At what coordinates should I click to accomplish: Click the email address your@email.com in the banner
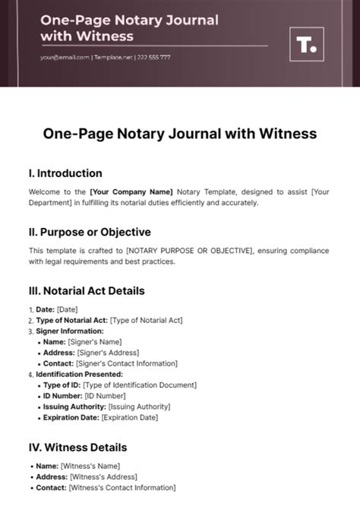point(66,58)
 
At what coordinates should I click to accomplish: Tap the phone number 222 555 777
point(154,58)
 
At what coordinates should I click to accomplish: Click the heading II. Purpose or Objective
point(90,232)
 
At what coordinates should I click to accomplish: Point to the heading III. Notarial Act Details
point(87,290)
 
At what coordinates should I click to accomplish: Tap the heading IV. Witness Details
point(77,447)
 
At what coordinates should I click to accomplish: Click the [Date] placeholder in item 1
point(68,309)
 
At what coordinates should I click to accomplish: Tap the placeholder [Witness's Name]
point(93,465)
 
